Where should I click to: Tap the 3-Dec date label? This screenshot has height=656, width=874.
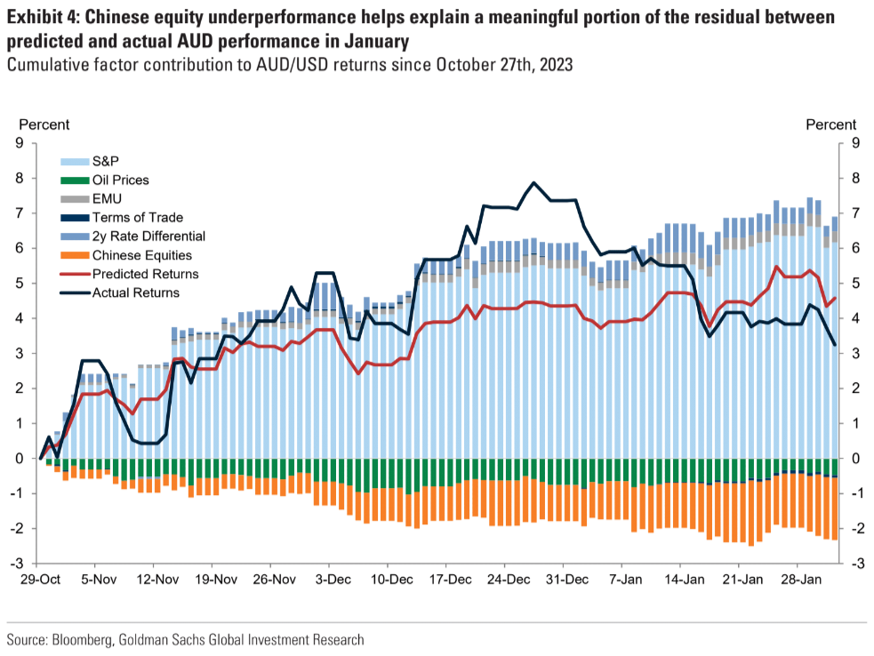pyautogui.click(x=331, y=580)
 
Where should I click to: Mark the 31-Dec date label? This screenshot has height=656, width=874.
pyautogui.click(x=565, y=580)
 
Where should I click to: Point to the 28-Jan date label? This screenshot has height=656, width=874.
pyautogui.click(x=798, y=580)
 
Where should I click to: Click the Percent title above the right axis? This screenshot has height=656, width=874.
pyautogui.click(x=830, y=124)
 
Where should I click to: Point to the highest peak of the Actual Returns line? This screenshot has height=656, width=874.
pyautogui.click(x=533, y=183)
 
